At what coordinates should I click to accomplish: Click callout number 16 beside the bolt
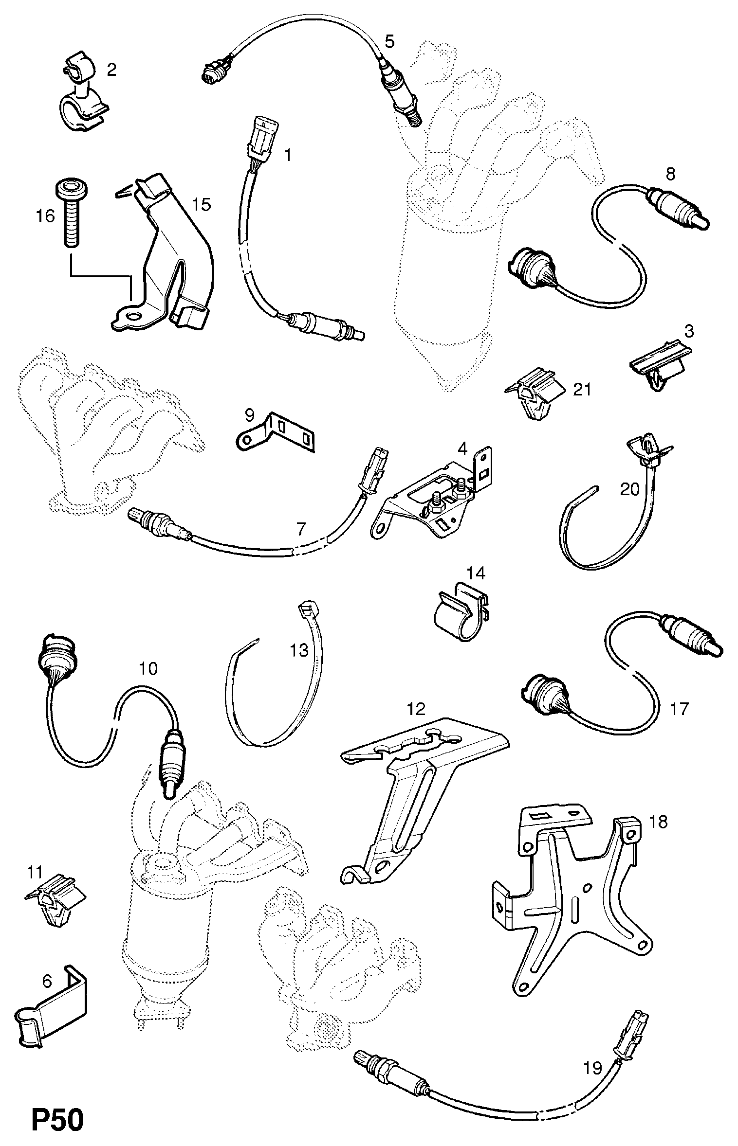(x=45, y=215)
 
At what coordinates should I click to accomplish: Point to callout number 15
(x=202, y=204)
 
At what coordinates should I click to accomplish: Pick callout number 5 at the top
(x=389, y=41)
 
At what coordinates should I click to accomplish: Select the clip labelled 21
(x=535, y=394)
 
